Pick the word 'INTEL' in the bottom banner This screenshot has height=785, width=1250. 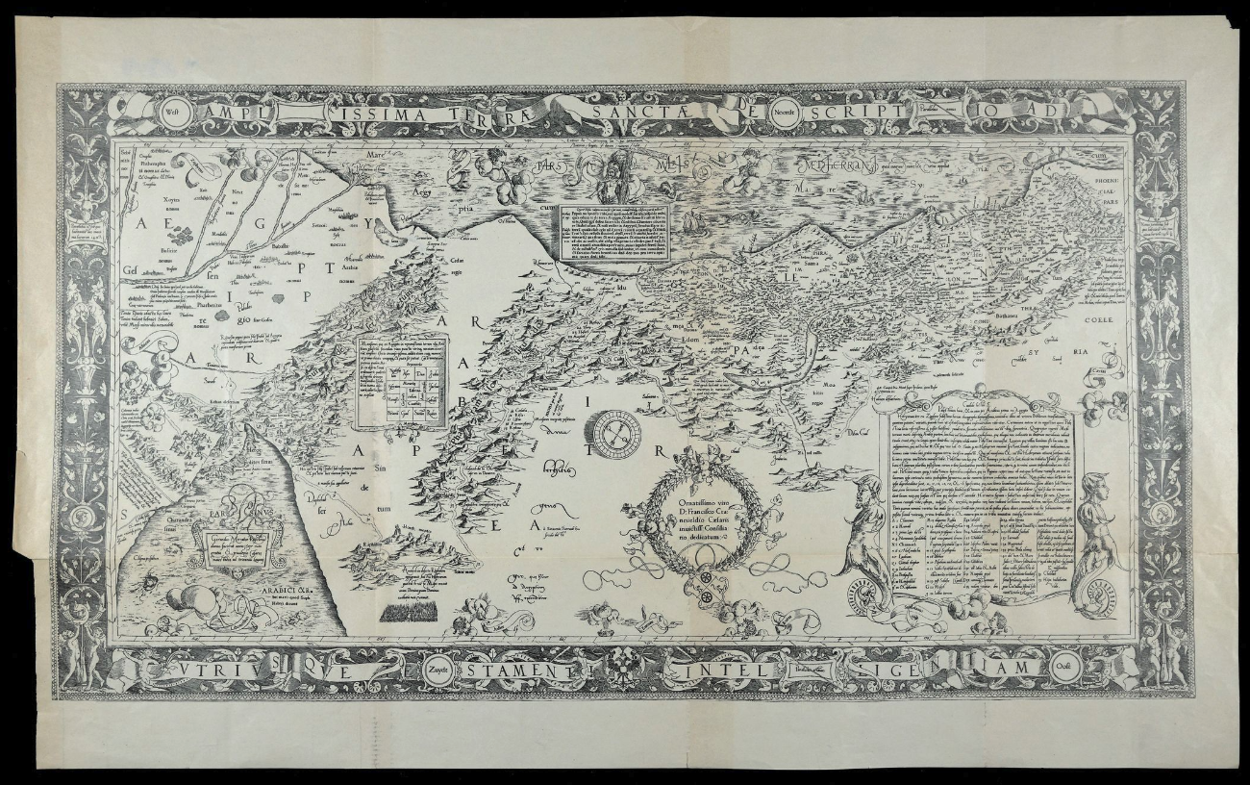[x=710, y=667]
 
